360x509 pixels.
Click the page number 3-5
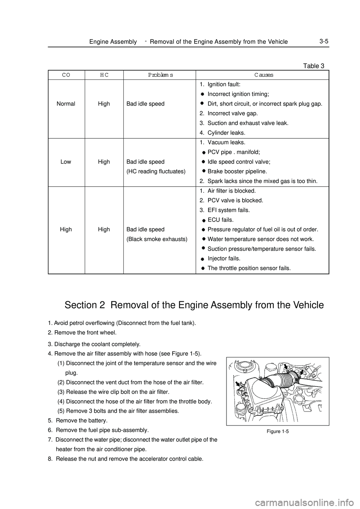324,41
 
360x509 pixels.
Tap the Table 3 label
313,66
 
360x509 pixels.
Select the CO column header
66,75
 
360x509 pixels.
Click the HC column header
104,75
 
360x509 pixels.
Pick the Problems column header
160,75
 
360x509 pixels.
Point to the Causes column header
264,75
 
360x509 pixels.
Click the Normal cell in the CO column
66,104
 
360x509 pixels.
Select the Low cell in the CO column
66,162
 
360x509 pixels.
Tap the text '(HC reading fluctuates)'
156,172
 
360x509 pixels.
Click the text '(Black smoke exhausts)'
157,239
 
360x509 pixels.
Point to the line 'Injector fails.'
224,259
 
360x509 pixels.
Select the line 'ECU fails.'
220,220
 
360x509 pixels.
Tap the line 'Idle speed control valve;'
239,162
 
